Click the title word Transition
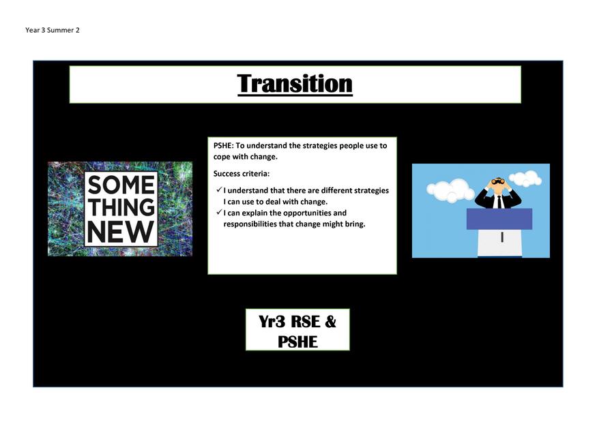coord(295,83)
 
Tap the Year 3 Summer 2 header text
coord(53,30)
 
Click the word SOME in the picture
coord(121,185)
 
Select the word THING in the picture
coord(121,207)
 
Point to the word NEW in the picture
coord(120,232)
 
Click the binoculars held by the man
coord(498,181)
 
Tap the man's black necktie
coord(498,202)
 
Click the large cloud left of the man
coord(448,190)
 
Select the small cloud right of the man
coord(525,178)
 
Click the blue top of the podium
coord(499,219)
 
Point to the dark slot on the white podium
coord(502,237)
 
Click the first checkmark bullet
coord(219,190)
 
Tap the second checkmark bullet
coord(219,212)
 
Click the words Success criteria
coord(242,174)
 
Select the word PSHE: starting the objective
coord(224,145)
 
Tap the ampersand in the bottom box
coord(330,322)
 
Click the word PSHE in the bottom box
coord(297,342)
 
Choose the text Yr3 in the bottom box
coord(272,322)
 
